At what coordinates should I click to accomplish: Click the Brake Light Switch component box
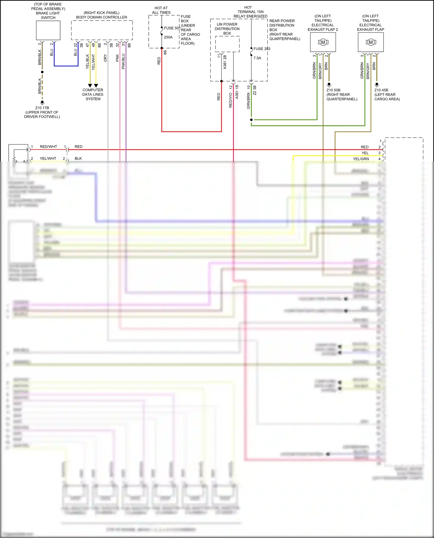click(x=48, y=30)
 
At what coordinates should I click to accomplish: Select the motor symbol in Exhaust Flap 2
click(x=323, y=42)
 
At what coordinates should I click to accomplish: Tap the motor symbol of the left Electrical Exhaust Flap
click(x=371, y=42)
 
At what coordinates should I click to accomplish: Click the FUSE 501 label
click(x=172, y=28)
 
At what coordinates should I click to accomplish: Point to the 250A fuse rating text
click(x=168, y=37)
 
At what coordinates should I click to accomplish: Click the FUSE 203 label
click(x=262, y=49)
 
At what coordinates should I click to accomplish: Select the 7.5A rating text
click(x=257, y=58)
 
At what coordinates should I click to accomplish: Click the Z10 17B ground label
click(x=42, y=108)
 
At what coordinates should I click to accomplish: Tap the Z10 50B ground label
click(x=333, y=90)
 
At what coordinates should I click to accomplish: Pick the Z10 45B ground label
click(x=381, y=90)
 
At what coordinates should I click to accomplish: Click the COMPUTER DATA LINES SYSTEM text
click(x=93, y=94)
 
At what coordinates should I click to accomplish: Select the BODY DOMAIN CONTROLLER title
click(x=102, y=17)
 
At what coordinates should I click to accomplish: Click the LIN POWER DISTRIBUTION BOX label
click(x=227, y=29)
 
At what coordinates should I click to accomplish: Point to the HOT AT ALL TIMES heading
click(x=161, y=10)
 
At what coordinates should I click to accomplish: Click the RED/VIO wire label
click(x=231, y=100)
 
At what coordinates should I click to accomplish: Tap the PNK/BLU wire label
click(x=123, y=61)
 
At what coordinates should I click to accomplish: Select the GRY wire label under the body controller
click(x=105, y=58)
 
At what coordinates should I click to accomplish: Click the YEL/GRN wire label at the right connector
click(x=361, y=159)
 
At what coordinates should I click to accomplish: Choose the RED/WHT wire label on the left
click(x=48, y=147)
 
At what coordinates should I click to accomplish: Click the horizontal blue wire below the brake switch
click(x=66, y=66)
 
